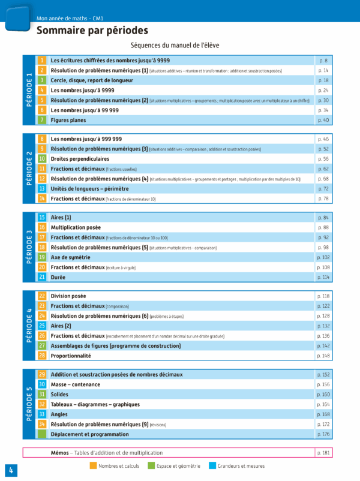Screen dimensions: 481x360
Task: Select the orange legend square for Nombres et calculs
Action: pos(93,465)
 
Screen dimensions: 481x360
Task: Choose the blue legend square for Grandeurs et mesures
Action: pos(213,465)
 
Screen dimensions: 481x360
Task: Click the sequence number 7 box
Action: pos(42,120)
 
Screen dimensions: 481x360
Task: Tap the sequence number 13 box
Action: pos(42,188)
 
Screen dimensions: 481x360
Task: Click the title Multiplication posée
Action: pos(76,228)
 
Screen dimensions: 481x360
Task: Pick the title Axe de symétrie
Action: pos(70,257)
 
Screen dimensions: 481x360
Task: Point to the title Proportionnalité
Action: pos(71,356)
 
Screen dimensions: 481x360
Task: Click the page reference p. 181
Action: pos(323,453)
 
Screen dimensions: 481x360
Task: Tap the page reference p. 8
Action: pos(323,61)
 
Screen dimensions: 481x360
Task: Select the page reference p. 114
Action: pos(323,277)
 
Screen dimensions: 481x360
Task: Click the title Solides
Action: pos(60,395)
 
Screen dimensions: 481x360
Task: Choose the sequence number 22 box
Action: pos(42,296)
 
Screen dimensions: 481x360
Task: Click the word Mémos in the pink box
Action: pos(59,453)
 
